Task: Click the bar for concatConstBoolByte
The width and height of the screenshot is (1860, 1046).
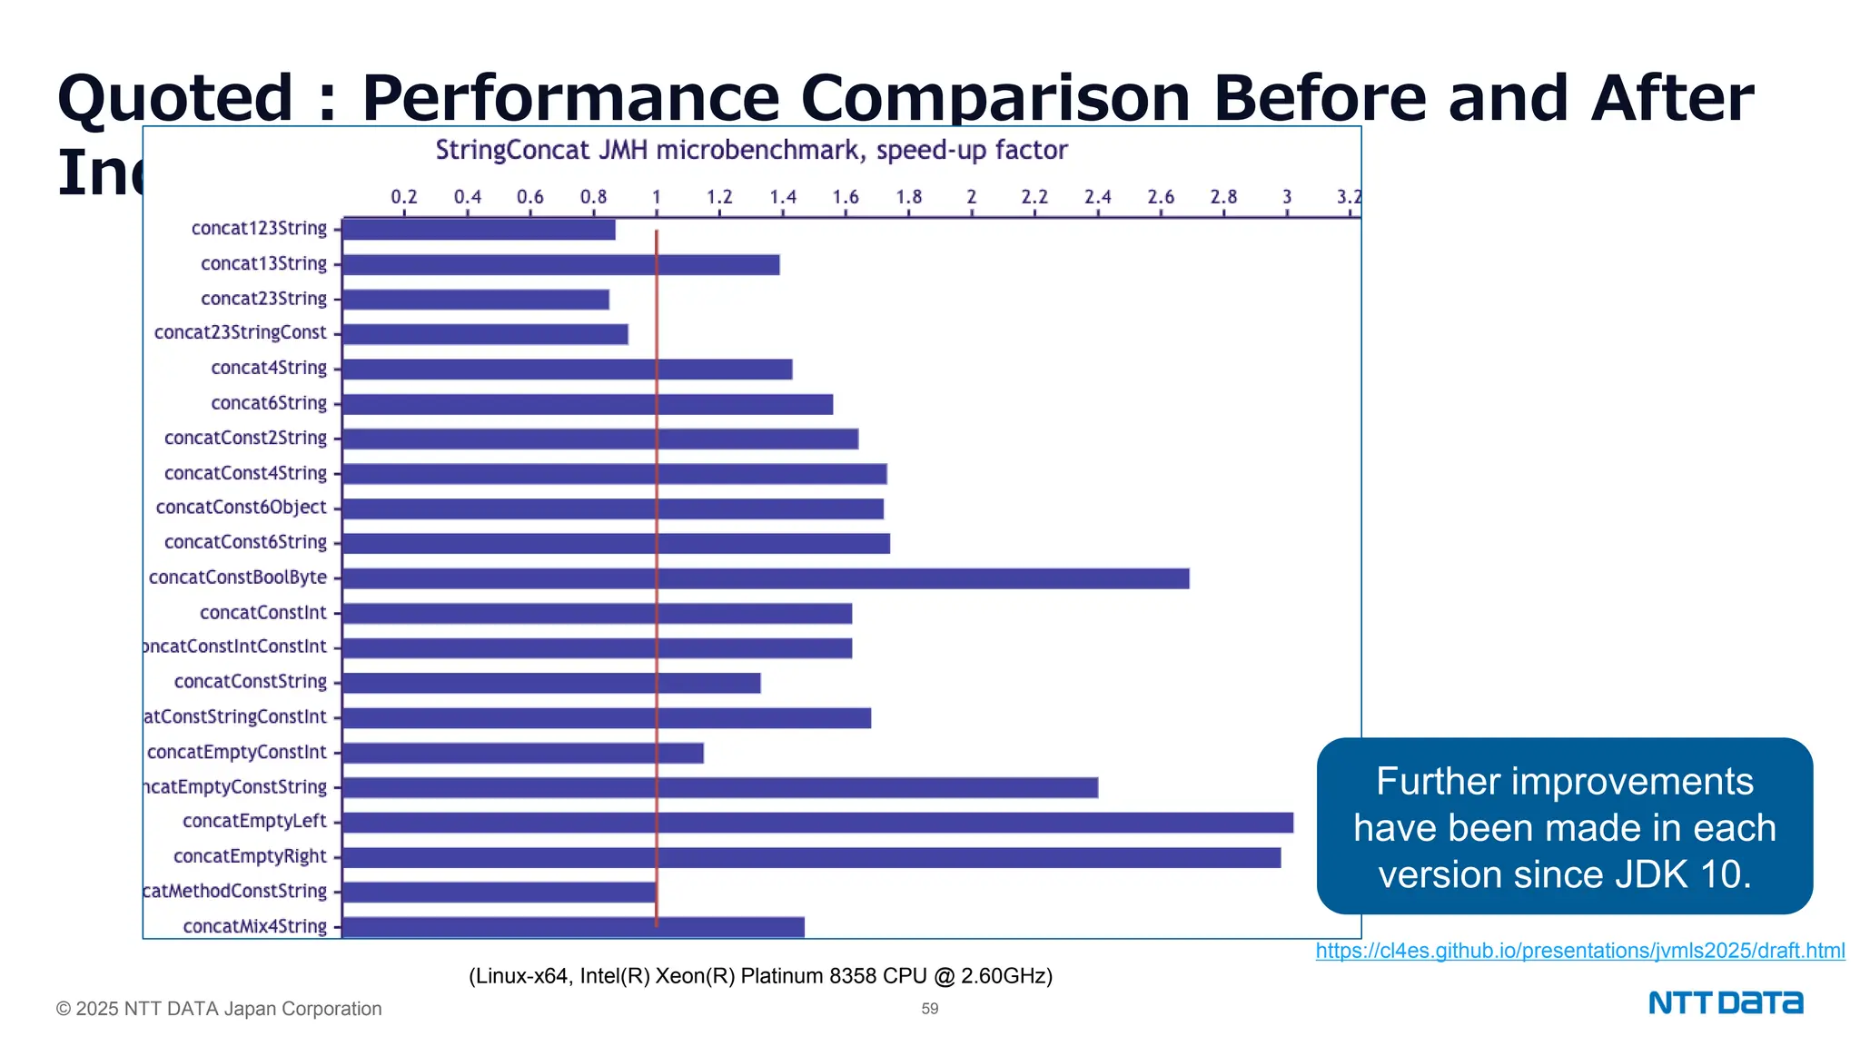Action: [x=766, y=578]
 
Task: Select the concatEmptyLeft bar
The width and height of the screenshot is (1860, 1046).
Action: [x=817, y=823]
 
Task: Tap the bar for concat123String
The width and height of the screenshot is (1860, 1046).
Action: [x=479, y=230]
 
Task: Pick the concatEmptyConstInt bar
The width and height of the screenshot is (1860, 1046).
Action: [x=522, y=753]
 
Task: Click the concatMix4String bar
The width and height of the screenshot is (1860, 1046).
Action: [x=573, y=927]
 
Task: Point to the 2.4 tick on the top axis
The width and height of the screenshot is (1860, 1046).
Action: [x=1097, y=197]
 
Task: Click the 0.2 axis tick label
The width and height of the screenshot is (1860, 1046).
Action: [x=404, y=197]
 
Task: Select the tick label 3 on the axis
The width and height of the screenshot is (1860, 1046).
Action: [x=1286, y=197]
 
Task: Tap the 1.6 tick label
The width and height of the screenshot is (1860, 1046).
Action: [x=846, y=197]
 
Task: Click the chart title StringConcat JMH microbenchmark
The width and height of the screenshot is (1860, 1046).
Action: [x=751, y=150]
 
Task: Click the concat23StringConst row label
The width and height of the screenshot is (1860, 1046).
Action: [x=240, y=333]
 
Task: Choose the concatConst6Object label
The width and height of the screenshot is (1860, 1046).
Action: [x=241, y=508]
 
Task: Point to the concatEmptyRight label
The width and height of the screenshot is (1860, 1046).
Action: [x=250, y=856]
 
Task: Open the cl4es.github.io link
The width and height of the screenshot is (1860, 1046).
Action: [x=1579, y=951]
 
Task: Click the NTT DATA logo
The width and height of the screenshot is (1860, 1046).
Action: [x=1726, y=1002]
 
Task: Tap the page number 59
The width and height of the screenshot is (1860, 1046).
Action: [x=930, y=1009]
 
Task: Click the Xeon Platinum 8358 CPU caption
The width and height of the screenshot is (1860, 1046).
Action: [x=760, y=976]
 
